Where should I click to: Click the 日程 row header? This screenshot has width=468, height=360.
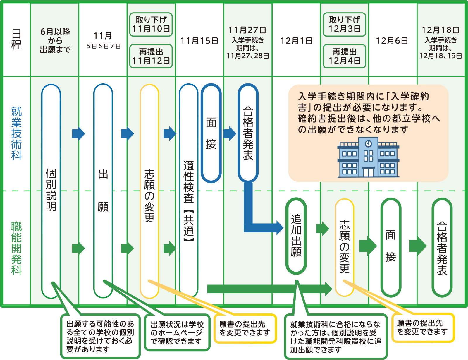pyautogui.click(x=16, y=40)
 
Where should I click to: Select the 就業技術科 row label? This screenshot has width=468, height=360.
pyautogui.click(x=16, y=133)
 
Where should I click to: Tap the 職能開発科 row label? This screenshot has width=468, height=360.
pyautogui.click(x=16, y=248)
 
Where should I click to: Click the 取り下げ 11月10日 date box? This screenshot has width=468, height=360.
pyautogui.click(x=151, y=25)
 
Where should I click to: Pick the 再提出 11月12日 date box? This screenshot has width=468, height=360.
pyautogui.click(x=151, y=56)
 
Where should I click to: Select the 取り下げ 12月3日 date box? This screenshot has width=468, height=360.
pyautogui.click(x=345, y=25)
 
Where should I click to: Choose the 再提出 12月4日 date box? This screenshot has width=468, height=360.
pyautogui.click(x=345, y=56)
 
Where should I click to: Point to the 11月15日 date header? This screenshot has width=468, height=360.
pyautogui.click(x=199, y=41)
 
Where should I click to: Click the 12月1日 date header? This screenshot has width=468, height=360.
pyautogui.click(x=296, y=41)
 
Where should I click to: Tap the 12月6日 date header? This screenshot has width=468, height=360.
pyautogui.click(x=392, y=41)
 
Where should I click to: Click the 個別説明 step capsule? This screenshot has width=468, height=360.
pyautogui.click(x=51, y=190)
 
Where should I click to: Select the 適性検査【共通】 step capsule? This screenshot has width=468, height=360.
pyautogui.click(x=189, y=190)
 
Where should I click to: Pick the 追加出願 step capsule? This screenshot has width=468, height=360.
pyautogui.click(x=296, y=236)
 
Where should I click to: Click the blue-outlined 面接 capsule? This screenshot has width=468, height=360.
pyautogui.click(x=211, y=133)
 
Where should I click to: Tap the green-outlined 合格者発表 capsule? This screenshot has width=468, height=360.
pyautogui.click(x=442, y=248)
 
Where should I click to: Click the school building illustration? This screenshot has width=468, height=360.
pyautogui.click(x=368, y=158)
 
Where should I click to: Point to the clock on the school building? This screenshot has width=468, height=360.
pyautogui.click(x=368, y=143)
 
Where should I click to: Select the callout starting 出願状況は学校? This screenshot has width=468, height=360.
pyautogui.click(x=177, y=333)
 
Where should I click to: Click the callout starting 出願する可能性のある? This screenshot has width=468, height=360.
pyautogui.click(x=100, y=336)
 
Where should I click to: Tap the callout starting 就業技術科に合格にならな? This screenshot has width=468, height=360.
pyautogui.click(x=335, y=337)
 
